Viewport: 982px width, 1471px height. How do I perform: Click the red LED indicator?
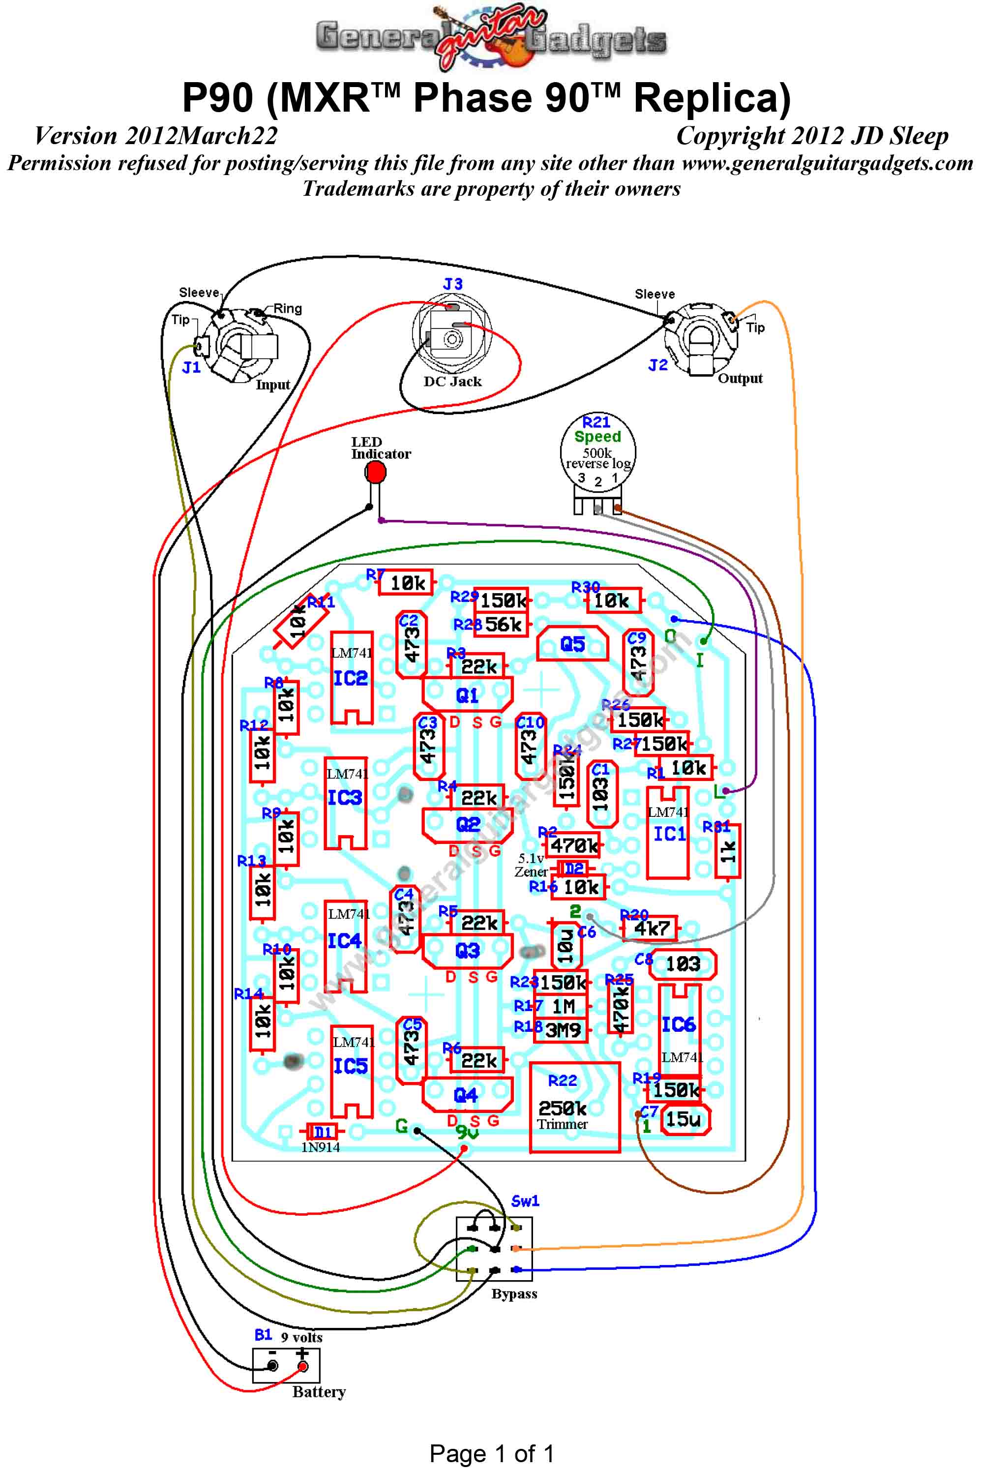point(375,472)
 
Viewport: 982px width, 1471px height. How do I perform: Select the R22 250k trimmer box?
point(574,1107)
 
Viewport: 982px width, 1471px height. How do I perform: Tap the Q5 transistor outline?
point(572,644)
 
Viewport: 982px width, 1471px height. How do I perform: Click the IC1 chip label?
point(669,834)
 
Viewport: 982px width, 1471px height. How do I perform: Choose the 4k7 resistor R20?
point(652,928)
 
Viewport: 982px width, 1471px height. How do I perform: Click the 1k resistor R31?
point(728,850)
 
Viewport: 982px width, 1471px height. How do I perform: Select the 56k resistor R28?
point(502,624)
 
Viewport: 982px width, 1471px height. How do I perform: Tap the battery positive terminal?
point(302,1366)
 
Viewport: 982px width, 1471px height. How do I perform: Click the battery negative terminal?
point(272,1366)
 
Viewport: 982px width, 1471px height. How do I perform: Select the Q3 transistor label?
point(467,951)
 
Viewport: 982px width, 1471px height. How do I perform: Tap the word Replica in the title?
point(712,98)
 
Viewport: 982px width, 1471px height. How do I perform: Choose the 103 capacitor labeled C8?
point(682,964)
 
